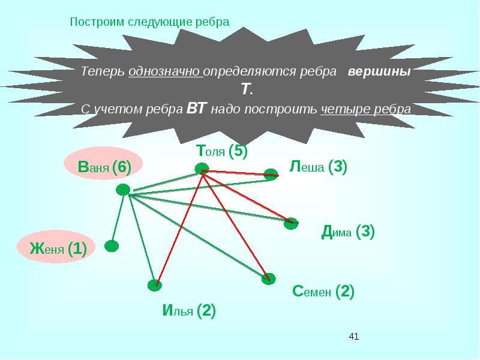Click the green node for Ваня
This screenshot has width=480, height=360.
[123, 190]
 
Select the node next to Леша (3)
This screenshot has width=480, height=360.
[271, 174]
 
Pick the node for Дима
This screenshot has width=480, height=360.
[291, 223]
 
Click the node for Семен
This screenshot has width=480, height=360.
[268, 278]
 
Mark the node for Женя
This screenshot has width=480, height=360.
[112, 245]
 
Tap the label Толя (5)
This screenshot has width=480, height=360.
[221, 151]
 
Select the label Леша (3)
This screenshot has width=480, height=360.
[318, 166]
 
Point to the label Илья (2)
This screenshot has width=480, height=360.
[188, 311]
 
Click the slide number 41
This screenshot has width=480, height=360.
[353, 337]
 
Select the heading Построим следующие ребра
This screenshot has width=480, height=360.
[150, 22]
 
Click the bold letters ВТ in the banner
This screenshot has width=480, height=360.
[197, 109]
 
